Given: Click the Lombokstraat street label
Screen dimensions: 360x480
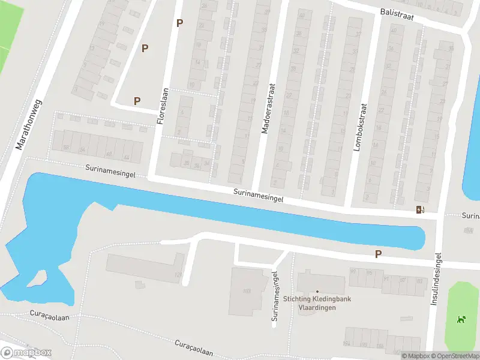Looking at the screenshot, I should pyautogui.click(x=362, y=128).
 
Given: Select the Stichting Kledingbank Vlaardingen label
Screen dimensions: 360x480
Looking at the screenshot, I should pyautogui.click(x=317, y=304).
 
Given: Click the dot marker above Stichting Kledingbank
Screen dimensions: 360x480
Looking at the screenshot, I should pyautogui.click(x=317, y=292).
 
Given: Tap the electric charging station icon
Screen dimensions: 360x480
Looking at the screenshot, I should pyautogui.click(x=419, y=209).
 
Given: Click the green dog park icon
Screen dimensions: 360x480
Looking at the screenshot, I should pyautogui.click(x=461, y=319).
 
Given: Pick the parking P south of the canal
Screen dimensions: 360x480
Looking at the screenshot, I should pyautogui.click(x=378, y=254).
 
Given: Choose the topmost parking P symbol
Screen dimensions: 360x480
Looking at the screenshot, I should pyautogui.click(x=179, y=23).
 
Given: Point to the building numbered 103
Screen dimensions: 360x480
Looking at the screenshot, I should pyautogui.click(x=246, y=291).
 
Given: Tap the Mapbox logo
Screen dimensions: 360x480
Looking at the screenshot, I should pyautogui.click(x=26, y=352).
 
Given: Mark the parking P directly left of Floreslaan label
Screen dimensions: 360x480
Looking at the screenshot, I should pyautogui.click(x=137, y=101).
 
